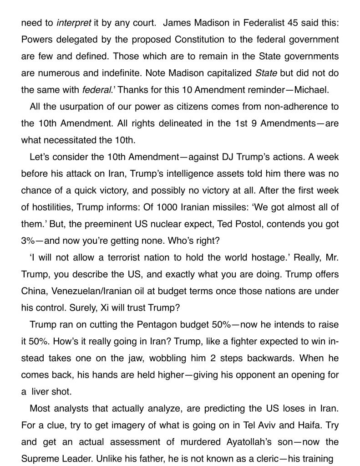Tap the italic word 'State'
pos(266,73)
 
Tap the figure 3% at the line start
pos(29,241)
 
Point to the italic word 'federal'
pos(96,90)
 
